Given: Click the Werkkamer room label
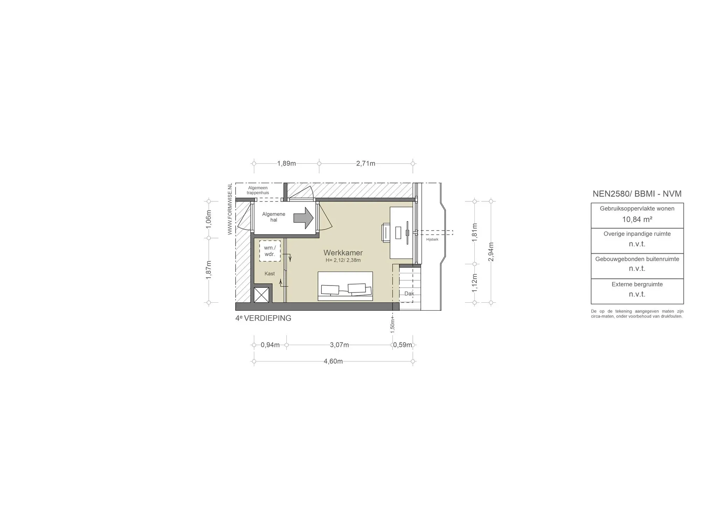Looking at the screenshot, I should [x=343, y=253].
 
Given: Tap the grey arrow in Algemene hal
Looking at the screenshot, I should [x=303, y=218].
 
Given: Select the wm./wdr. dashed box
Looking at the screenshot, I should [x=270, y=251].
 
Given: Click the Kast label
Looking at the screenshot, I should [x=270, y=274].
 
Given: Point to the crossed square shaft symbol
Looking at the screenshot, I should [x=261, y=295].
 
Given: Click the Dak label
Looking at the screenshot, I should [x=409, y=294].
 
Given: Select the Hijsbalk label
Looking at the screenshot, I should [x=432, y=239].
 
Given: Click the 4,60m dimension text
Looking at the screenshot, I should [x=333, y=361].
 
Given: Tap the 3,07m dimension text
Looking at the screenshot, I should [x=339, y=345].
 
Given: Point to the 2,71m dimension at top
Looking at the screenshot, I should [x=366, y=163].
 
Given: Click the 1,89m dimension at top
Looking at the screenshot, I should [x=286, y=163].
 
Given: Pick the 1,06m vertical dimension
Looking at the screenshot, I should [x=209, y=219].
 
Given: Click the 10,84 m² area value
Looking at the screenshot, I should [x=637, y=219].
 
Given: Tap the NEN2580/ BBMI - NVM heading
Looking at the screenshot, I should [x=637, y=194].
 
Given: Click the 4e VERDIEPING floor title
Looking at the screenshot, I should [x=263, y=318].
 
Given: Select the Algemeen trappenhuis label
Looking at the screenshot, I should [x=258, y=190].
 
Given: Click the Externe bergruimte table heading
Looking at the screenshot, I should [x=637, y=284].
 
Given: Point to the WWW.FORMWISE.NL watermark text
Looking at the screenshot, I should [x=230, y=209].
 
